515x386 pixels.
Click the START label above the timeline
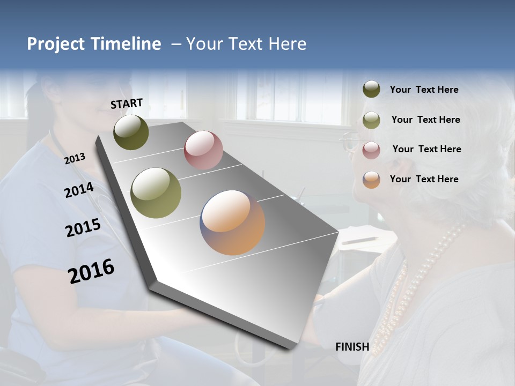pos(127,103)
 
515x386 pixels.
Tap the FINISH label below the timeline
pos(352,347)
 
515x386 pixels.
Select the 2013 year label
pos(75,159)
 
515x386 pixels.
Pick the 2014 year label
pos(79,190)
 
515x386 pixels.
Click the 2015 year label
pos(83,228)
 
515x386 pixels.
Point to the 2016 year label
pos(91,271)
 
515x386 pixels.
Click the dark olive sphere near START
pos(131,132)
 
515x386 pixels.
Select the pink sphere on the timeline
pos(203,150)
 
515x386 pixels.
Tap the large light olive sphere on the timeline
pos(156,193)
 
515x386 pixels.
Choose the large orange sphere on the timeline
pos(232,222)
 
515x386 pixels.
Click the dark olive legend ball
pos(371,90)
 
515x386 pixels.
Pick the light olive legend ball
pos(371,120)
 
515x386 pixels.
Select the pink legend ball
pos(371,150)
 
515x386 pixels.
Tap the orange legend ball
pos(371,179)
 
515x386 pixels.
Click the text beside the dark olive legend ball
pos(424,90)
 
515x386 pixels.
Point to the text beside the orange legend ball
pos(424,179)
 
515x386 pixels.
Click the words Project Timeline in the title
pos(94,44)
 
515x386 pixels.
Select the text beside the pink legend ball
pos(426,149)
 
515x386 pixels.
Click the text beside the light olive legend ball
pos(425,120)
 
